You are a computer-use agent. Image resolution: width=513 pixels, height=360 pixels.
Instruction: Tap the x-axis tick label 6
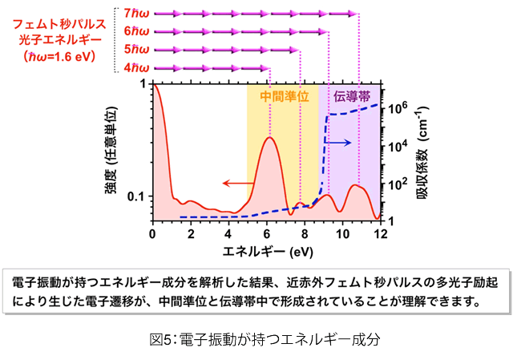tap(267, 233)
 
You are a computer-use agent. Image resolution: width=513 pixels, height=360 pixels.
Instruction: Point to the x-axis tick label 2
tap(191, 233)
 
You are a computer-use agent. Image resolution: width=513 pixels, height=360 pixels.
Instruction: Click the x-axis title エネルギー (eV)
tap(267, 251)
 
